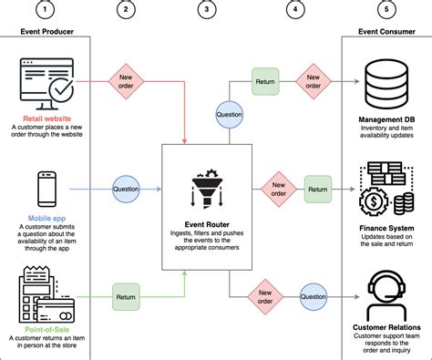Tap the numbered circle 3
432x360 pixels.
point(210,11)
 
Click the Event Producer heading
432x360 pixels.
point(46,31)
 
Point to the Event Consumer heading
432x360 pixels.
point(386,31)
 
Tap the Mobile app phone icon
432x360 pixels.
point(46,189)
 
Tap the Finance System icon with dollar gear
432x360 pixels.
point(386,189)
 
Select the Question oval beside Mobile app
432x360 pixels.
point(127,190)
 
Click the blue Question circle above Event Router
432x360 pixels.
point(228,116)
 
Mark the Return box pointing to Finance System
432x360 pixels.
point(317,190)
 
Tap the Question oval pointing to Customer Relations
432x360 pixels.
point(314,295)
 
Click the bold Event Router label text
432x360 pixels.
point(210,224)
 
